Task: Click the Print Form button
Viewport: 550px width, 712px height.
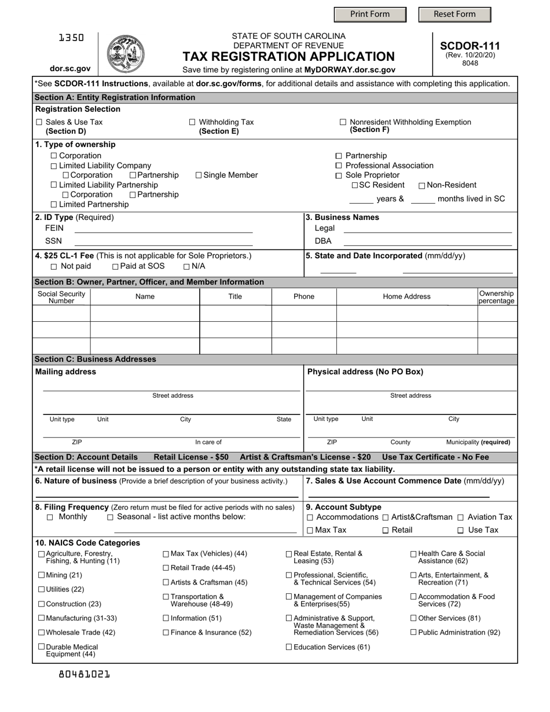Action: pos(370,14)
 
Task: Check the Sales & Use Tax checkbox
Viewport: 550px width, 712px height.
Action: pos(39,122)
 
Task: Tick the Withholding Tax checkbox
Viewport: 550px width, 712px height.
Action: pos(193,122)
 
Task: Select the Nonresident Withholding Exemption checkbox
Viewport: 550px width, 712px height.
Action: pos(343,122)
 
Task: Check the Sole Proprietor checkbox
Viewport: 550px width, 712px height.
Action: pos(339,175)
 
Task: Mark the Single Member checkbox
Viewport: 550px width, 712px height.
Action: pos(199,175)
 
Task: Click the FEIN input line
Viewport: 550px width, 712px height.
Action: pos(164,228)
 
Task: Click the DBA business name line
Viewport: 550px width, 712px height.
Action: pos(427,241)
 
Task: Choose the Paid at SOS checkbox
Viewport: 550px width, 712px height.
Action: pos(115,266)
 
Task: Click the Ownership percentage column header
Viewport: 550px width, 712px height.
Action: pos(496,297)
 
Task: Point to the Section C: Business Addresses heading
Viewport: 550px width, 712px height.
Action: pos(96,359)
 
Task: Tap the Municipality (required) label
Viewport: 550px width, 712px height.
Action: pos(478,442)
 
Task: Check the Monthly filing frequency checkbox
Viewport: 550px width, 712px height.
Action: pos(50,517)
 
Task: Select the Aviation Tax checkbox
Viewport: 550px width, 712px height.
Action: pos(461,517)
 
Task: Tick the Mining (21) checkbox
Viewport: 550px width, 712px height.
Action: pos(41,575)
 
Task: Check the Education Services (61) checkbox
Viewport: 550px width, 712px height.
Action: pos(289,647)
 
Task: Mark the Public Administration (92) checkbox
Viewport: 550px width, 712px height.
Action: pos(413,632)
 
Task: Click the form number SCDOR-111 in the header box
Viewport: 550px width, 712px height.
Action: pos(470,46)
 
